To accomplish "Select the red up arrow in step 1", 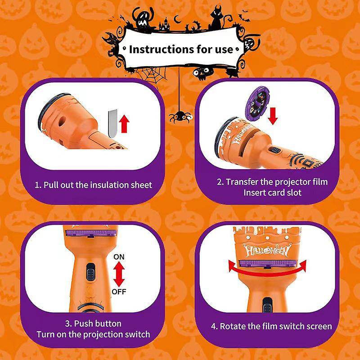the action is click(124, 124).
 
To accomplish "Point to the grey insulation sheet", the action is click(113, 123).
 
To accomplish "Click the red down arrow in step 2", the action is click(273, 116).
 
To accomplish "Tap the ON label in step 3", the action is click(119, 256).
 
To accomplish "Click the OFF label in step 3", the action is click(119, 292).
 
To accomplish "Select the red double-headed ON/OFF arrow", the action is click(119, 274).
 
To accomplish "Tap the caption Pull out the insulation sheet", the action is click(94, 185).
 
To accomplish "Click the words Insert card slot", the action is click(272, 193).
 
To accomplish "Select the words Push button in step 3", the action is click(93, 324).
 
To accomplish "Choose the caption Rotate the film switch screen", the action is click(271, 326).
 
